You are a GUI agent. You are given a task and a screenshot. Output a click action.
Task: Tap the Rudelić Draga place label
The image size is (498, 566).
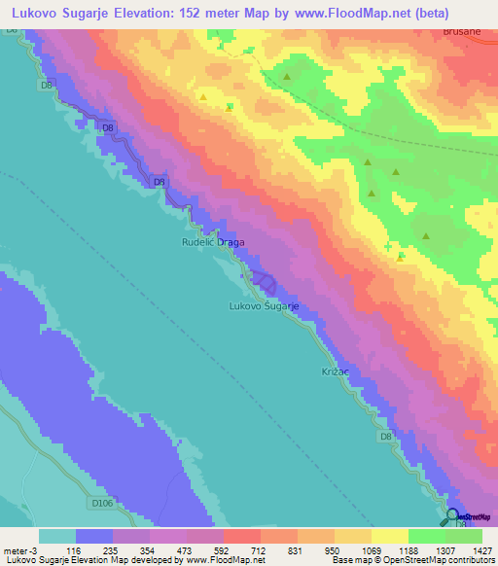[x=213, y=242]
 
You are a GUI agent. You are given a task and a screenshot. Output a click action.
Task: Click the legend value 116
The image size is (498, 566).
[x=75, y=550]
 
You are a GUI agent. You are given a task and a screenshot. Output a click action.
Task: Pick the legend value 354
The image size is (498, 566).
[x=151, y=550]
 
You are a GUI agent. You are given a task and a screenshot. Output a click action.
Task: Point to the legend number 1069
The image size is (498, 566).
[x=373, y=550]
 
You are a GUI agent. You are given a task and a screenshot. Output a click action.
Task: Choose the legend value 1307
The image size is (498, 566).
[x=446, y=550]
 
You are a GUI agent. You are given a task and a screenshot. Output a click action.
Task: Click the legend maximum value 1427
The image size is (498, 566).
[x=482, y=550]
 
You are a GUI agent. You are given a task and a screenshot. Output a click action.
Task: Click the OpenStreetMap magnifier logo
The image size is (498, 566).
[x=453, y=516]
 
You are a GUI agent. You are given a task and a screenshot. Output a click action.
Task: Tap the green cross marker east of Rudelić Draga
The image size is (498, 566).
[x=402, y=258]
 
